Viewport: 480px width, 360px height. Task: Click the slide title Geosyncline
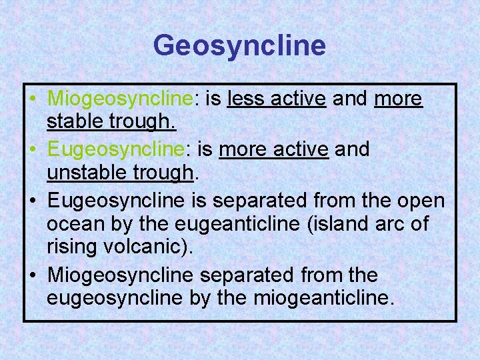coord(239,46)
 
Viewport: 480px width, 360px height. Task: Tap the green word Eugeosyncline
coord(119,149)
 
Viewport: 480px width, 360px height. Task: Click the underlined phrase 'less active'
coord(276,99)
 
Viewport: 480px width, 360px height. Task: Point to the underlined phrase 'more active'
coord(273,149)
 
